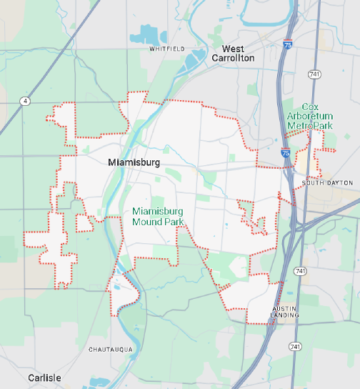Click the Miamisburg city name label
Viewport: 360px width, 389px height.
point(134,162)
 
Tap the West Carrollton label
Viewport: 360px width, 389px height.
point(233,54)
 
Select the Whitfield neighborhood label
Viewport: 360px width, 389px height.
point(167,49)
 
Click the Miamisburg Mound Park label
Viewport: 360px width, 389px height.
point(158,217)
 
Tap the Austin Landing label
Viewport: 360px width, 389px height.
point(286,311)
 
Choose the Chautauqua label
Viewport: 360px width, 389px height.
point(111,350)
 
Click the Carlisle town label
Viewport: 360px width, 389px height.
point(44,378)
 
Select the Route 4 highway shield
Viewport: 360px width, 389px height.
point(26,102)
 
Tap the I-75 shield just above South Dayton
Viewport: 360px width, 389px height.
point(286,153)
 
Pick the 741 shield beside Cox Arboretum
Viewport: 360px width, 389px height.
point(314,74)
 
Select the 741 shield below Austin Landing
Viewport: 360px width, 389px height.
point(295,346)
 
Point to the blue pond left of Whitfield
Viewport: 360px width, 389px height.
point(151,34)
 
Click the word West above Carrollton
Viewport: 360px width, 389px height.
point(233,49)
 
